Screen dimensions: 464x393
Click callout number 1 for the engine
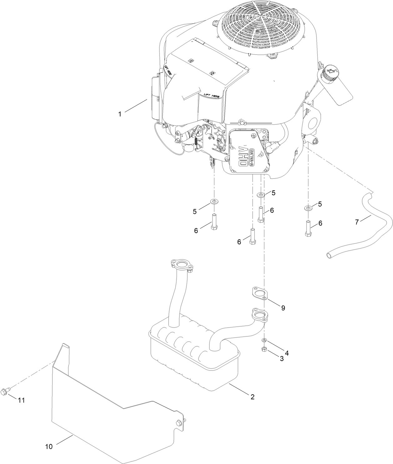point(119,114)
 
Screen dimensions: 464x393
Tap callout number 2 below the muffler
point(252,397)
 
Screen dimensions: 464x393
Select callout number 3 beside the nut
point(282,359)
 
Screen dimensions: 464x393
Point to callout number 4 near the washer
point(286,353)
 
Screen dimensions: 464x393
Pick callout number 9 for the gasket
point(283,308)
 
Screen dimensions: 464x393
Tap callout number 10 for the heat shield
point(49,447)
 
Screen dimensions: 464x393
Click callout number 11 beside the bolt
point(21,400)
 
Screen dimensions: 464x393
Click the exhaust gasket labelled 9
point(259,294)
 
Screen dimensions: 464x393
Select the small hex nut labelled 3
point(264,348)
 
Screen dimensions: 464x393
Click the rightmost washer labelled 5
point(308,208)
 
